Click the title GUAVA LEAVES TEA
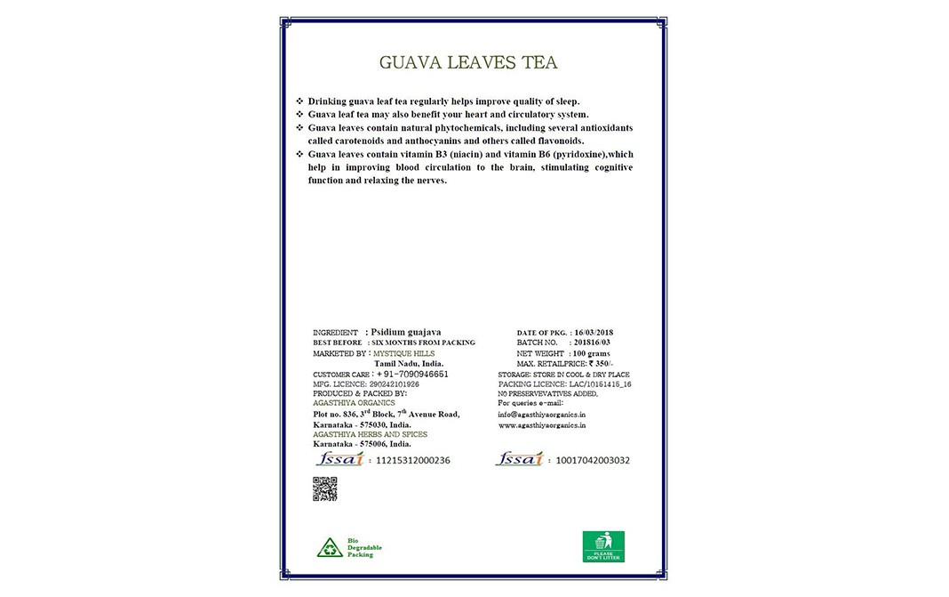click(x=468, y=63)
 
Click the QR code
click(x=325, y=488)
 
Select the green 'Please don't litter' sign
click(x=603, y=546)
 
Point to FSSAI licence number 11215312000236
click(x=413, y=461)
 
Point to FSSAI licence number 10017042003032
click(x=591, y=461)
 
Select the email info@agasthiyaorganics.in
click(x=542, y=414)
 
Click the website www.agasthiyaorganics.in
click(x=542, y=425)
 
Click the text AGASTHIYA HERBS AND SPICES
click(x=371, y=434)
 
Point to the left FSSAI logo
click(x=338, y=460)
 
